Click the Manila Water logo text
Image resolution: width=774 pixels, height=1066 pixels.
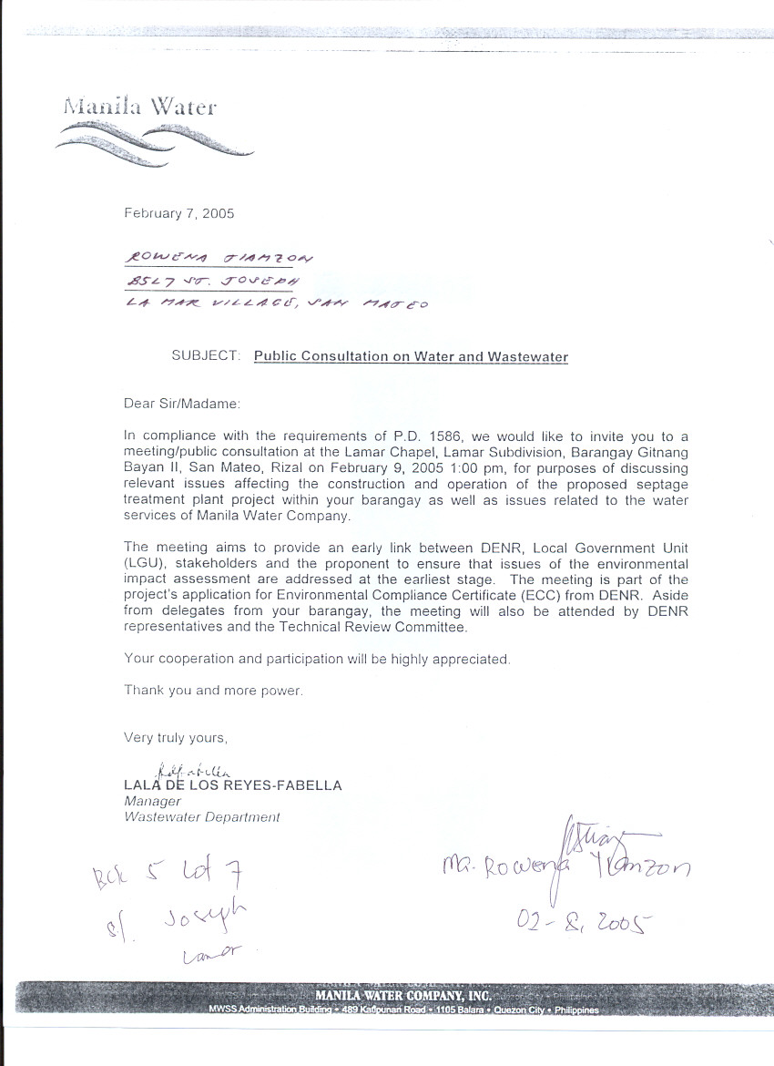coord(139,107)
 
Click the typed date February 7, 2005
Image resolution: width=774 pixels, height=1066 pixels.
coord(179,214)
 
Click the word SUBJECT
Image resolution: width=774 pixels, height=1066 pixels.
coord(206,356)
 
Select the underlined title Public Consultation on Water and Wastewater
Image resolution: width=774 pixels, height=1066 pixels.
coord(411,356)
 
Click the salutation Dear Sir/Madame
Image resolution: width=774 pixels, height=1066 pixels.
coord(182,402)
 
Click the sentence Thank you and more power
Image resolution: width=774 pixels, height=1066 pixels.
coord(213,691)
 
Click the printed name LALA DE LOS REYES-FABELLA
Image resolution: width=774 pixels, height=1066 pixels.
coord(233,785)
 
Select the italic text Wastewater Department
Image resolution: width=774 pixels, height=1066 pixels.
coord(202,817)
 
